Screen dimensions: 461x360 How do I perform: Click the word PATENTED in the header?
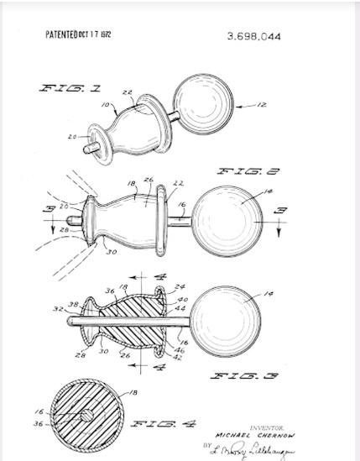coord(65,35)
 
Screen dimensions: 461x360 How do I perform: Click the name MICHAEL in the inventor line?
coord(218,434)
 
